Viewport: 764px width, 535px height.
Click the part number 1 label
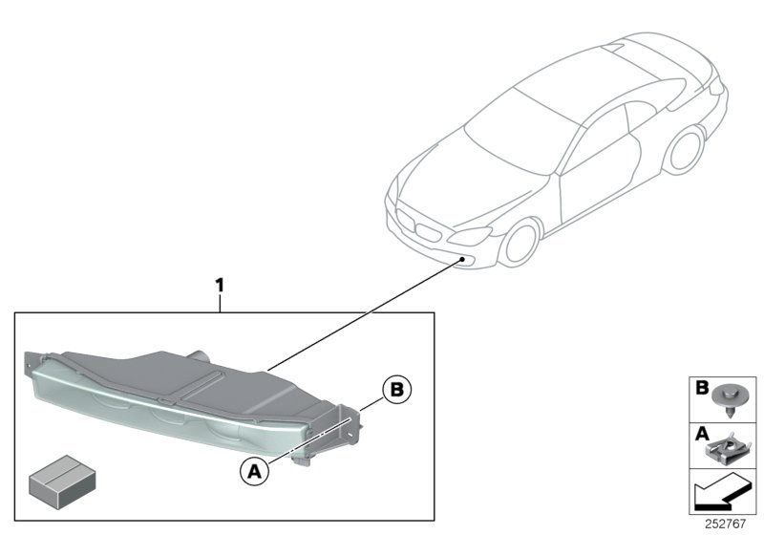(x=220, y=286)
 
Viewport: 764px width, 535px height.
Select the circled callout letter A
(x=254, y=471)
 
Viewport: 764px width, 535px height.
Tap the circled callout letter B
(x=397, y=390)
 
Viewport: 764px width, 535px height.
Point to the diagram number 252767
(x=725, y=524)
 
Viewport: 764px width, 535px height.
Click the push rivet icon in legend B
(x=728, y=399)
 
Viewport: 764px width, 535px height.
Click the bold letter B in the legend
(x=702, y=387)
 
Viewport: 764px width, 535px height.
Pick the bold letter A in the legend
(x=702, y=433)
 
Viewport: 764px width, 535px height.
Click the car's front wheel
(x=521, y=244)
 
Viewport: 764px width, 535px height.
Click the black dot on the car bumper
(x=461, y=260)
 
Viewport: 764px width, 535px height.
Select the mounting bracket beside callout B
(x=350, y=426)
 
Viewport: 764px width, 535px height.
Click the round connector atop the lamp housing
(x=200, y=355)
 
